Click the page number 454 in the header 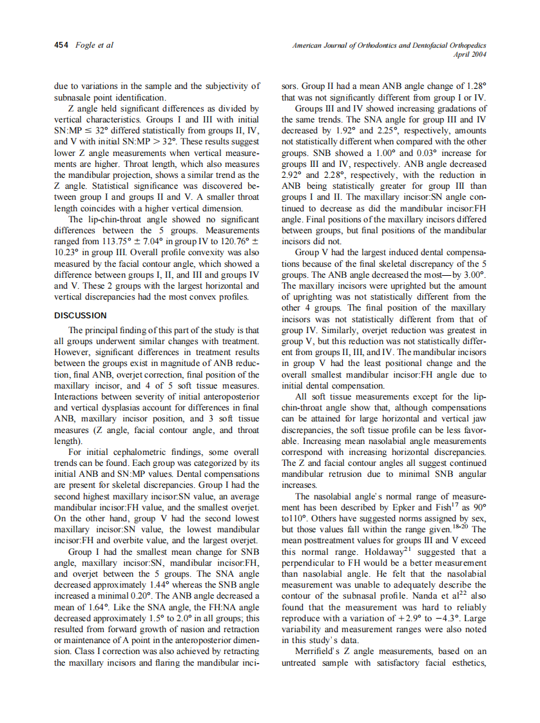61,46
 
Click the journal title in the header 389,46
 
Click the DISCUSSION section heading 81,316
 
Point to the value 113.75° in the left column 114,240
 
